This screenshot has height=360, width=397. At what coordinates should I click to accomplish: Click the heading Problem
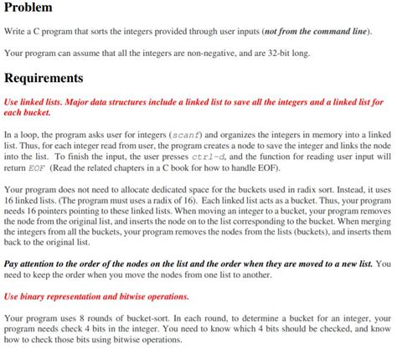tap(28, 8)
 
